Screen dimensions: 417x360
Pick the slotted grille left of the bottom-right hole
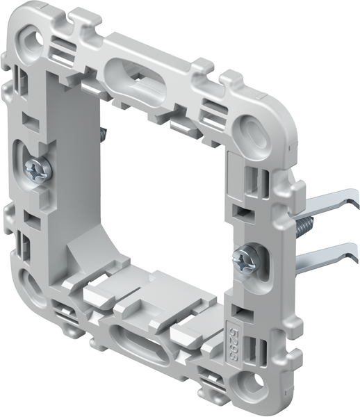pyautogui.click(x=211, y=381)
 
